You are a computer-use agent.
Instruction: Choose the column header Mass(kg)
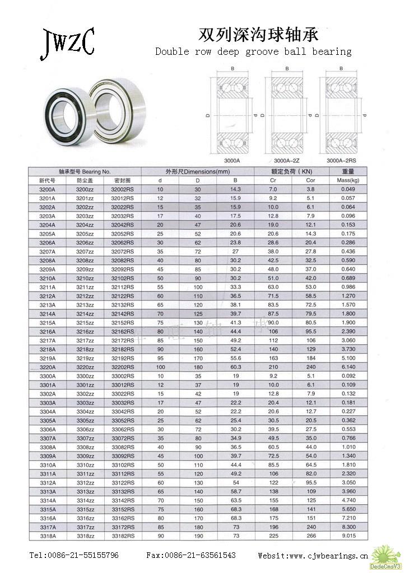coord(348,181)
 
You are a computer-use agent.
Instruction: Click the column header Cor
coord(311,181)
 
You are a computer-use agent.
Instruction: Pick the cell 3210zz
coord(85,278)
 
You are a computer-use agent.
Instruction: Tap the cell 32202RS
coord(123,366)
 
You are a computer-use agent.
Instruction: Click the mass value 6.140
coord(348,366)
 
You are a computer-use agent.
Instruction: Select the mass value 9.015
coord(348,536)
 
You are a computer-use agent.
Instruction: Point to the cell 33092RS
coord(123,456)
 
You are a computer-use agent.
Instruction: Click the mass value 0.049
coord(348,189)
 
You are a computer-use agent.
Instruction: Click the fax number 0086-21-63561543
coord(198,556)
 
